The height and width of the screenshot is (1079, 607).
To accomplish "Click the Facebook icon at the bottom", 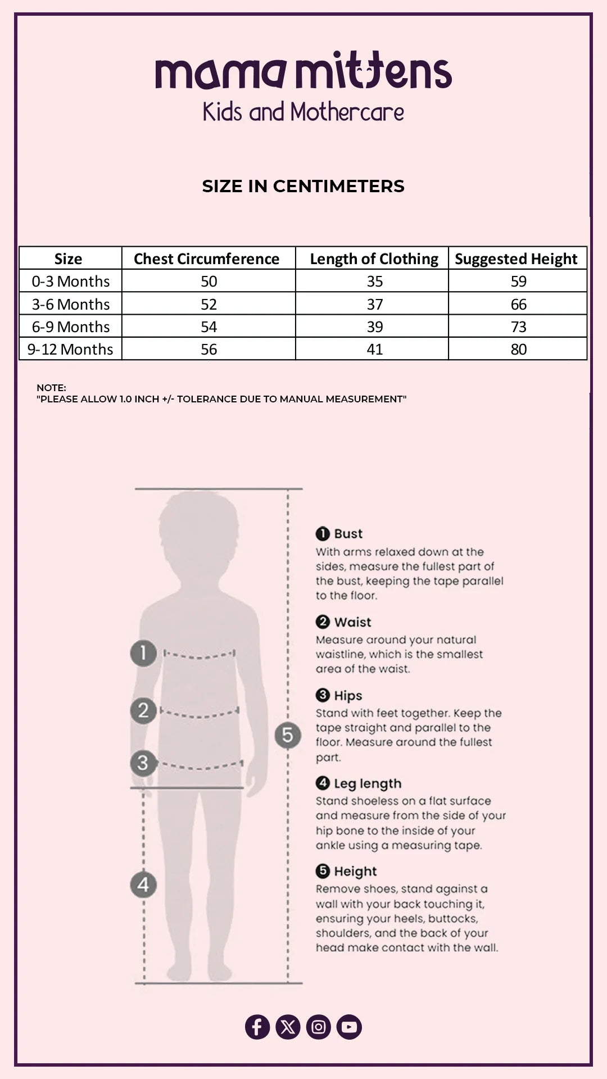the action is click(257, 1027).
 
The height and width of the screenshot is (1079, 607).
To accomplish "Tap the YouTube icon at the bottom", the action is click(349, 1027).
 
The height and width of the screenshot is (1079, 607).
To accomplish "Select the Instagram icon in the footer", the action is click(319, 1027).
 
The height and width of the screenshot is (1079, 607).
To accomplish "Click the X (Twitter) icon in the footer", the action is click(288, 1027).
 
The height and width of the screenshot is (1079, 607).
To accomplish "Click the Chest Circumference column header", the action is click(207, 259).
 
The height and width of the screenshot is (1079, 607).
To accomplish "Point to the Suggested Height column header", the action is click(516, 259).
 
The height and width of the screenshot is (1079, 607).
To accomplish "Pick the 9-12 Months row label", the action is click(70, 349).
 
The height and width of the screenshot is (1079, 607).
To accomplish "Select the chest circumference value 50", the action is click(209, 281).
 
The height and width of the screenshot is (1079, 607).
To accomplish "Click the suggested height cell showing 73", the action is click(519, 327).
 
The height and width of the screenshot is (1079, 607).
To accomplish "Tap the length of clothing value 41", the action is click(375, 349).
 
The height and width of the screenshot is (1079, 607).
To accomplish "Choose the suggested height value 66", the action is click(519, 304).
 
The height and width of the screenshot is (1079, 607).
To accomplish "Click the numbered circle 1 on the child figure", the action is click(143, 653).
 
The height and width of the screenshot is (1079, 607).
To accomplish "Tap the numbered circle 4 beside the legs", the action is click(143, 885).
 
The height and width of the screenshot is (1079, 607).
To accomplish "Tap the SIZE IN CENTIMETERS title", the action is click(303, 186).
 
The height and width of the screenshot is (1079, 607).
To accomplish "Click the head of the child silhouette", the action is click(198, 534).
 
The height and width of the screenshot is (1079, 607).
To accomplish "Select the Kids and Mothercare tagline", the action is click(303, 112).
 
